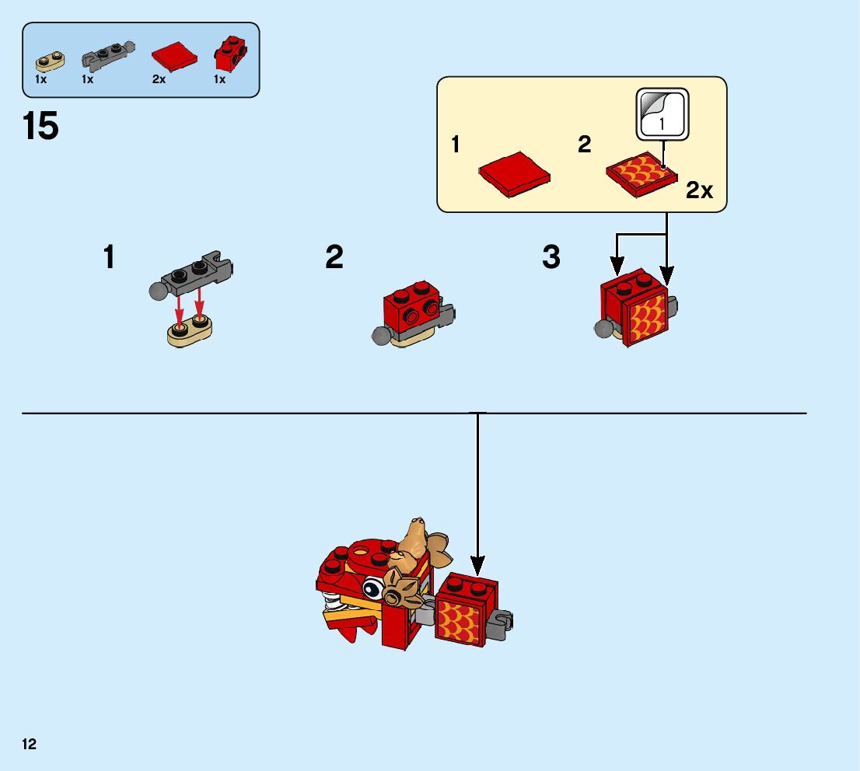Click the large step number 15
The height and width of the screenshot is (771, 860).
pos(41,126)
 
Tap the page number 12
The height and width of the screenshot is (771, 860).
pos(30,745)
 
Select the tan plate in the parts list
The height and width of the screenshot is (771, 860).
pos(50,58)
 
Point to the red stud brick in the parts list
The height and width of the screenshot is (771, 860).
pos(230,52)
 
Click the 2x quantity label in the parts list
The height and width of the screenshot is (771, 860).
pos(159,79)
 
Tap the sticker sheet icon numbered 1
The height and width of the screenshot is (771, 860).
pos(662,113)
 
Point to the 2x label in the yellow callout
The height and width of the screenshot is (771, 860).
pos(699,190)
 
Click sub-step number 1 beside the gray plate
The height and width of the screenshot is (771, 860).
pos(110,257)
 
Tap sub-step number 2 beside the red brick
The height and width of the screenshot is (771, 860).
pos(334,257)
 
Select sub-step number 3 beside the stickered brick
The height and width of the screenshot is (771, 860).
pos(551,257)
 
